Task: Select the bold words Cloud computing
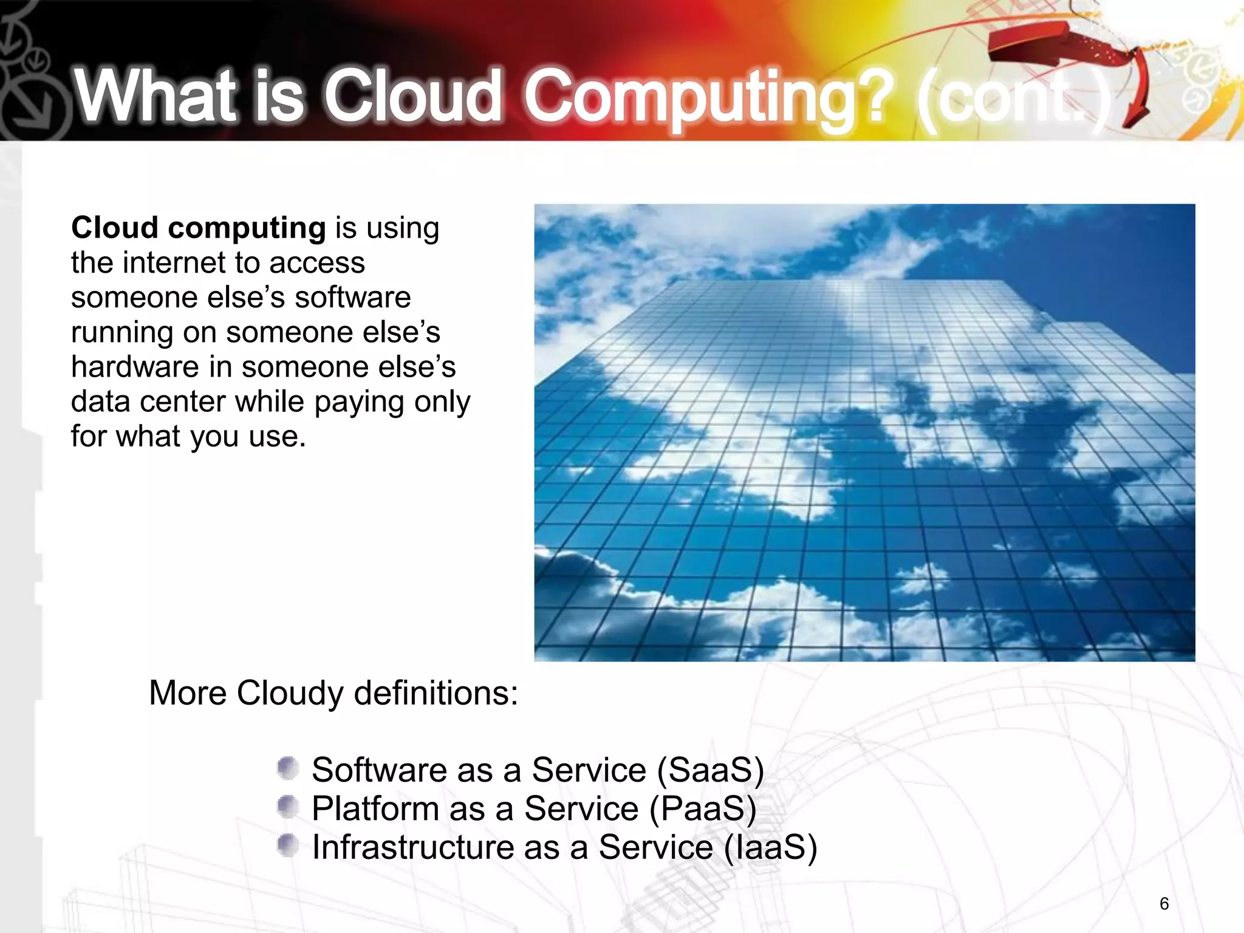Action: (199, 228)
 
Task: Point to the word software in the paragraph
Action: (352, 298)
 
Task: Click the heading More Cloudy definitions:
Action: (333, 693)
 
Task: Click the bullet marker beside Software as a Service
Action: (287, 768)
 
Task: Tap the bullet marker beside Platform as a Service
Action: (287, 807)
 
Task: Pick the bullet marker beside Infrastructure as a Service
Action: (287, 846)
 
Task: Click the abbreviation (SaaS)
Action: (709, 770)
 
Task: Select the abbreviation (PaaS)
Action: (702, 809)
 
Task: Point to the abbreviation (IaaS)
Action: (770, 847)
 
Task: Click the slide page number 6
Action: (1164, 903)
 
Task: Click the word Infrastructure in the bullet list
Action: (412, 847)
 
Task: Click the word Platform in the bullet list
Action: (375, 809)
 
